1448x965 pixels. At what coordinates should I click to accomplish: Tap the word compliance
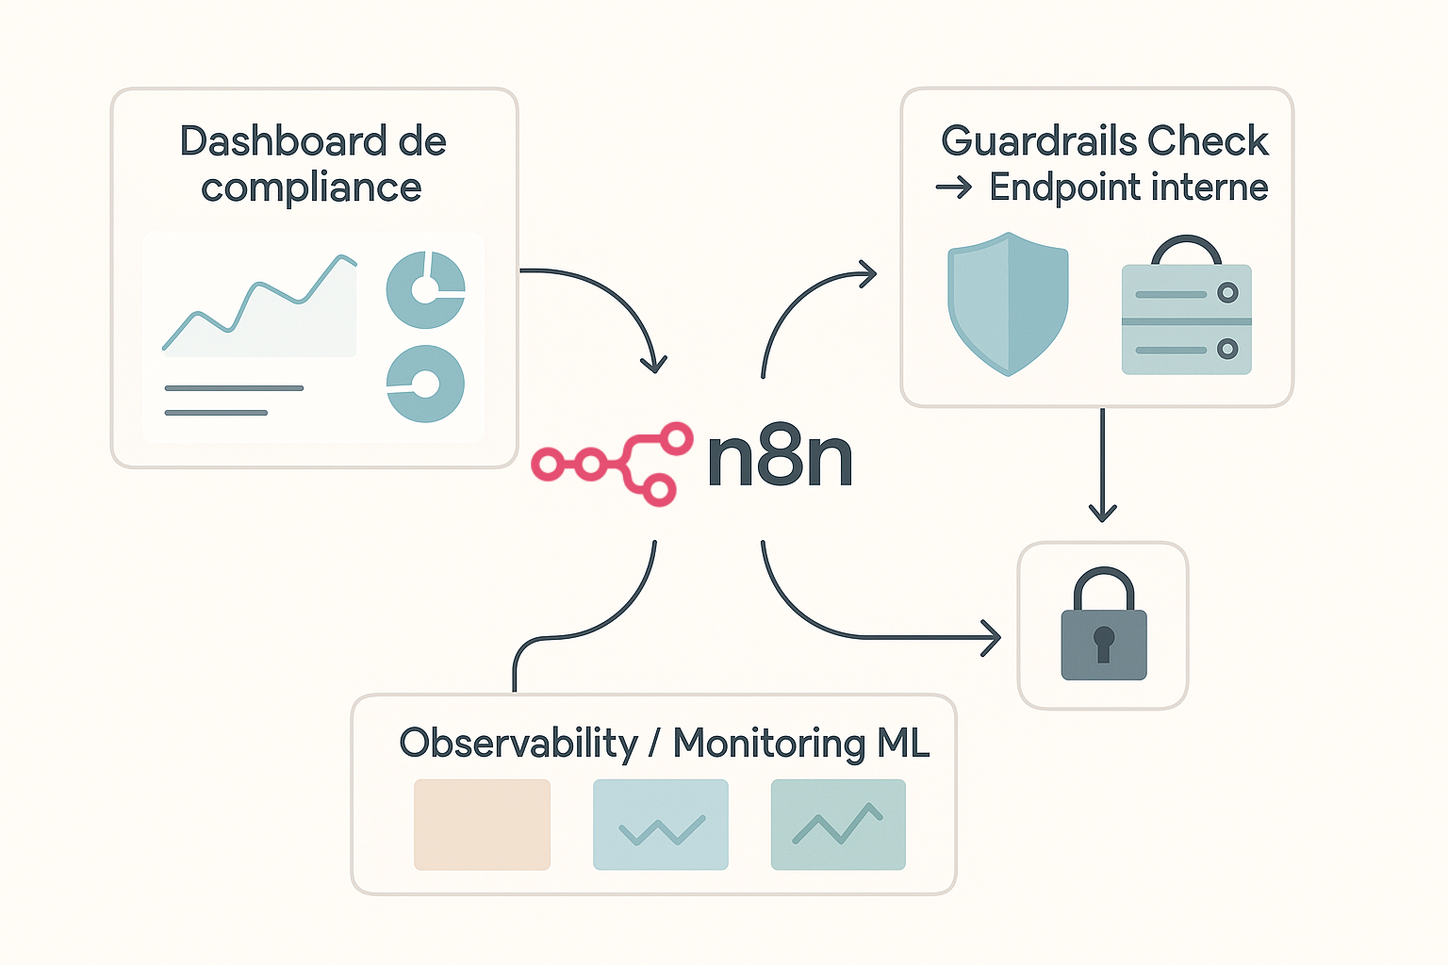point(311,188)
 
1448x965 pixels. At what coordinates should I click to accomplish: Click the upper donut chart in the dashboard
point(425,289)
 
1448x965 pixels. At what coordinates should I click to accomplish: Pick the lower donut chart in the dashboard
point(425,384)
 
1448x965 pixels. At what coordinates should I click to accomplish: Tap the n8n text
point(780,459)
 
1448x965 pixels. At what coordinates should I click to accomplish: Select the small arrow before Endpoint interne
point(953,188)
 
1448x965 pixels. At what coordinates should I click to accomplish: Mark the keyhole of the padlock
point(1103,643)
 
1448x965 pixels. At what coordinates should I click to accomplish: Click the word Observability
point(518,744)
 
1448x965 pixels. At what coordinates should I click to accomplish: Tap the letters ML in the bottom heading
point(903,744)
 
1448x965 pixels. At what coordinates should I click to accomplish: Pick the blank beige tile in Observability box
point(482,825)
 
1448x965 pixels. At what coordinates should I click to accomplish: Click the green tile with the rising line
point(838,825)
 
